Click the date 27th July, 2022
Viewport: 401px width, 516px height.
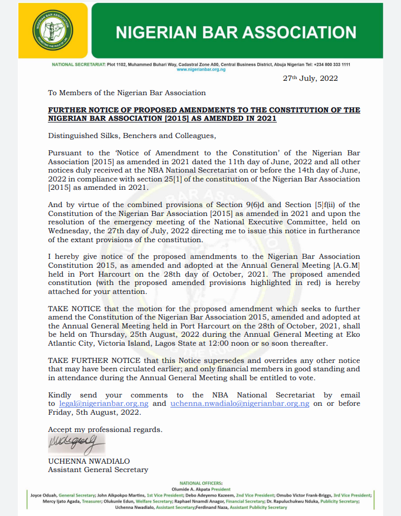click(x=310, y=78)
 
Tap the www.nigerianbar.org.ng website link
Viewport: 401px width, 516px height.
click(x=201, y=70)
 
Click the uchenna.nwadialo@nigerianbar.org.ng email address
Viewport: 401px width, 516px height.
click(x=239, y=403)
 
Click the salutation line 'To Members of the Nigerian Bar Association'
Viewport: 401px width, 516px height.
click(x=127, y=92)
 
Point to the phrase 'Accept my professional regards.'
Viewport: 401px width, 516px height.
click(x=105, y=429)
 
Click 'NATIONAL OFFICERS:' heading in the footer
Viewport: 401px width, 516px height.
click(x=200, y=483)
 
